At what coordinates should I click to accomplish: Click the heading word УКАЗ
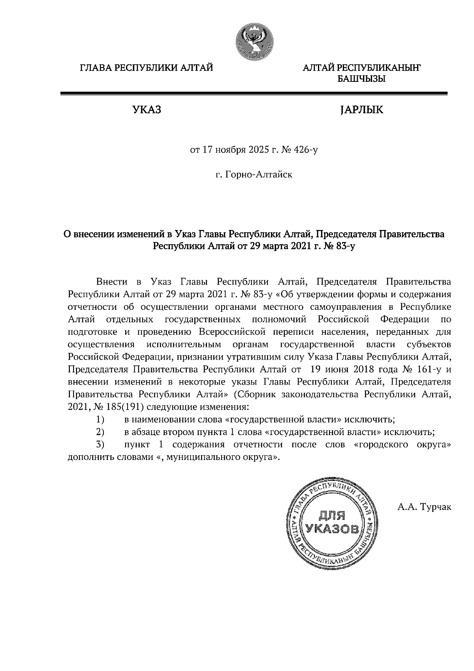coord(147,110)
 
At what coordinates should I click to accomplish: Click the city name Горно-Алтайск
coord(259,174)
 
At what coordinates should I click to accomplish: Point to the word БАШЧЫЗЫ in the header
coord(361,79)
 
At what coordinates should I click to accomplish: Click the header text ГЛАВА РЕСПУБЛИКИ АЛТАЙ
coord(147,68)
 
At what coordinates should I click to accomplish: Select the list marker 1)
coord(100,419)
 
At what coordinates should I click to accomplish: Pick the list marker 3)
coord(100,444)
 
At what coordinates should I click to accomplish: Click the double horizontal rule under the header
coord(254,94)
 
